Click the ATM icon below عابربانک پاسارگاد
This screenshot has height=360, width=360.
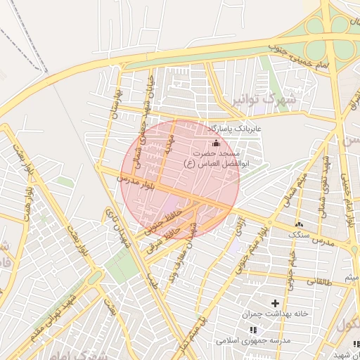[x=215, y=143]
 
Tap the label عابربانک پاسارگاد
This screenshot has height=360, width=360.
[x=234, y=130]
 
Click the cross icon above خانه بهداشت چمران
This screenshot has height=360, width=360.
[x=274, y=302]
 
